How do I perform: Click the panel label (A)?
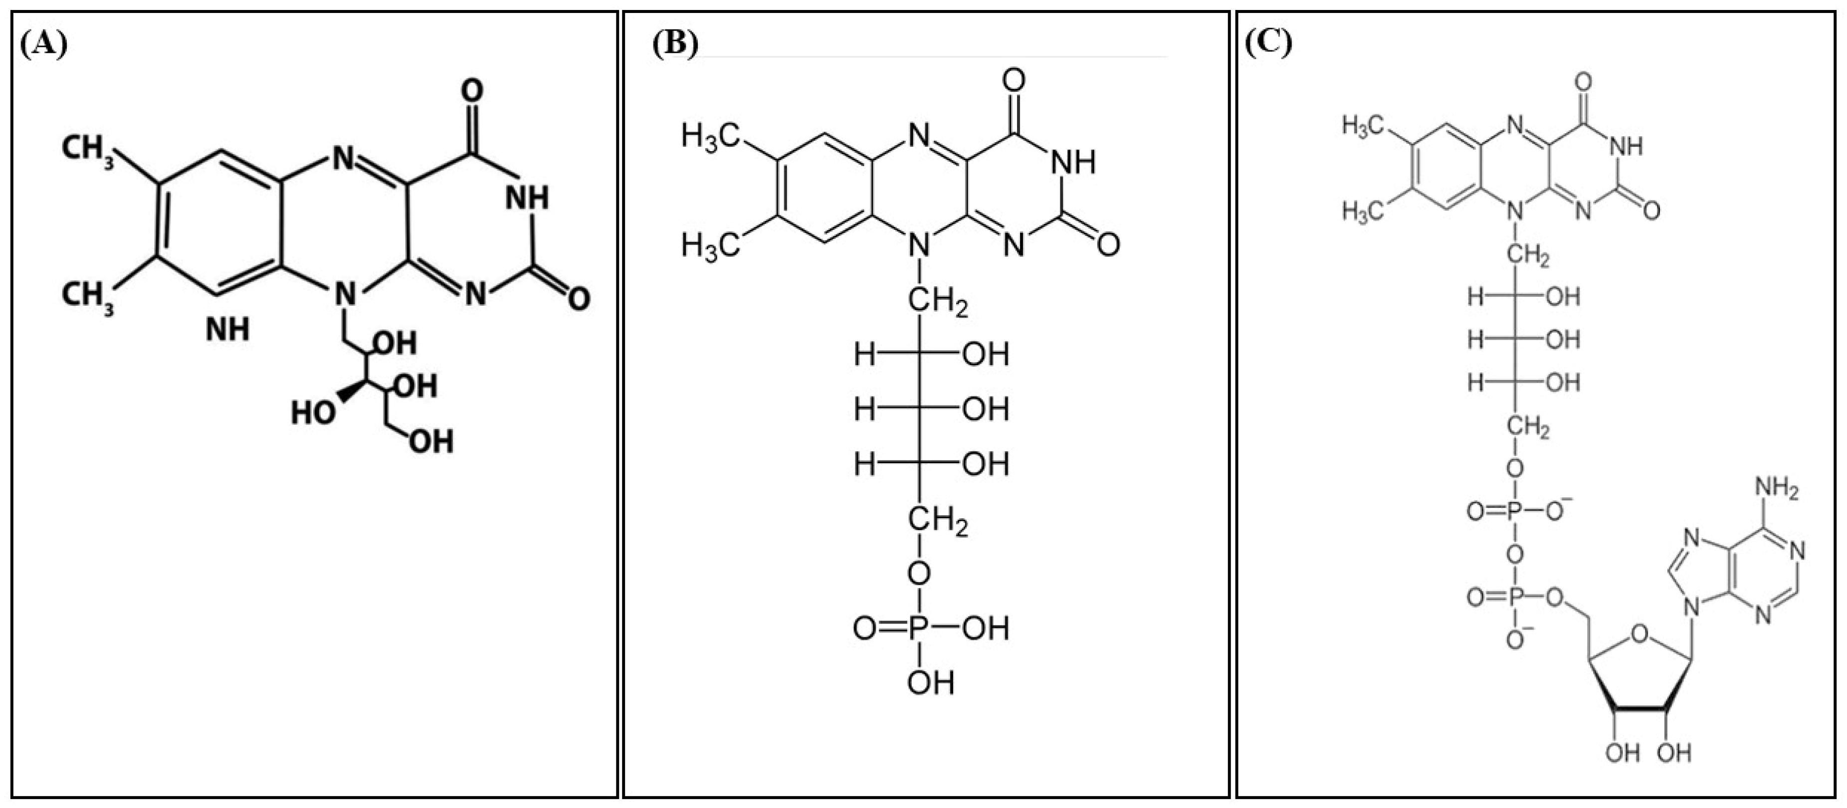click(x=44, y=44)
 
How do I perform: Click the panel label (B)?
click(x=674, y=44)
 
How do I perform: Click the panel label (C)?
click(x=1268, y=44)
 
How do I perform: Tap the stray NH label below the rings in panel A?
click(x=228, y=329)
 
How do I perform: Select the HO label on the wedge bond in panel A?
click(x=313, y=413)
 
